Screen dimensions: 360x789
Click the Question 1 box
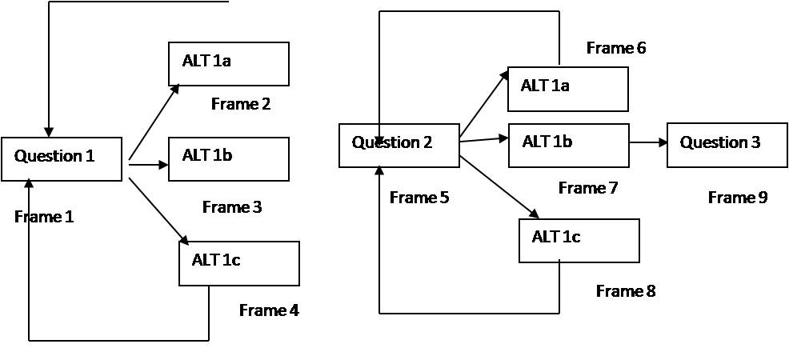(62, 158)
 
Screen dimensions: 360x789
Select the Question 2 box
(399, 145)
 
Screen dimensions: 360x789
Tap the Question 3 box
(727, 145)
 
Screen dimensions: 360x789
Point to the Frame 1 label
(44, 216)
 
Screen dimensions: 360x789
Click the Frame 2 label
(241, 104)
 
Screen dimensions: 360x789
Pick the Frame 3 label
(232, 207)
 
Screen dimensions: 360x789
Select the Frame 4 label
(269, 310)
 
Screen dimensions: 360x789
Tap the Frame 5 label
(419, 198)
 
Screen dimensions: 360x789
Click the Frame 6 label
(616, 48)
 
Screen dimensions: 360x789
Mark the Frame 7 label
(588, 188)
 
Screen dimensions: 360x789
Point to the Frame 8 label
(626, 291)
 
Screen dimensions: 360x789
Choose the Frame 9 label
(738, 198)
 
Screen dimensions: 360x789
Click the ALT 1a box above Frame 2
(228, 64)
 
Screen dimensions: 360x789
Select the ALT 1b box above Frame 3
(228, 158)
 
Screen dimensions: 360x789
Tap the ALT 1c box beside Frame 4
(238, 263)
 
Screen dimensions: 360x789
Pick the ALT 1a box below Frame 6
(567, 89)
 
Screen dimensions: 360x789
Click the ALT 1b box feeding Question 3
(568, 145)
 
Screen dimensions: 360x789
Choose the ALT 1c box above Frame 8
(579, 240)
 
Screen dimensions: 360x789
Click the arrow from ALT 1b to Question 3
(648, 142)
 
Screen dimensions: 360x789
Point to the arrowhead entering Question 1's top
(49, 131)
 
